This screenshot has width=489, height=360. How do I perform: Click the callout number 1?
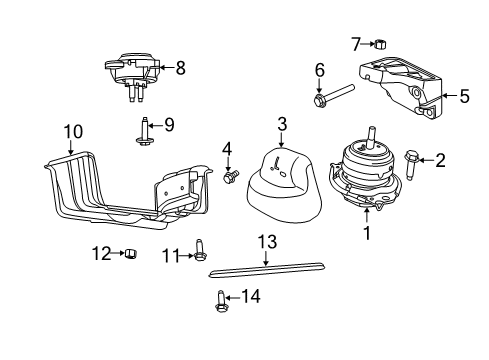[x=367, y=233]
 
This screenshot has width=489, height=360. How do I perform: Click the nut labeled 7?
[x=381, y=43]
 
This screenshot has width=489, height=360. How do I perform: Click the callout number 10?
[x=72, y=131]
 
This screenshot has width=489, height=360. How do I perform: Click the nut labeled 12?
[x=129, y=255]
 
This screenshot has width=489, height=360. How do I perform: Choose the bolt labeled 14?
[x=219, y=297]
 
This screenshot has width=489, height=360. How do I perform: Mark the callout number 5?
[x=464, y=97]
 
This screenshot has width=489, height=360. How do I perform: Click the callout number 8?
[x=181, y=68]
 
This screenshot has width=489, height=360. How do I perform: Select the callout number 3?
[x=282, y=124]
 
